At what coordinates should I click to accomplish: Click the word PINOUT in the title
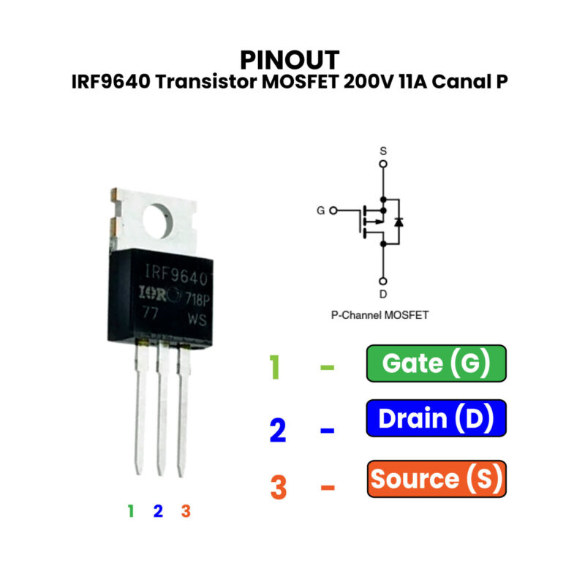(x=290, y=59)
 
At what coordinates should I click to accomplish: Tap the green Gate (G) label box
(x=436, y=363)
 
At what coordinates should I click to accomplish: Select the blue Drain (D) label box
(x=436, y=419)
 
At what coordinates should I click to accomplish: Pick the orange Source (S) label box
(x=436, y=479)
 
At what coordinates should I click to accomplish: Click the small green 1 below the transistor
(x=131, y=511)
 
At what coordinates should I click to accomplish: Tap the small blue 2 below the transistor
(x=158, y=511)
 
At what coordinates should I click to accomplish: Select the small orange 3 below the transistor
(x=186, y=511)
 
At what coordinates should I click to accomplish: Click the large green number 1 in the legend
(x=274, y=367)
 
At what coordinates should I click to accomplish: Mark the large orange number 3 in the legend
(x=279, y=488)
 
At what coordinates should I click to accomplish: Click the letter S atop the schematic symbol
(x=382, y=151)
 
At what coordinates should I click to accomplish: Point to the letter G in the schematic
(x=320, y=211)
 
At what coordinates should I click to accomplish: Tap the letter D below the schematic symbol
(x=382, y=294)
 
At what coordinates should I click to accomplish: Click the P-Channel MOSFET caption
(x=380, y=316)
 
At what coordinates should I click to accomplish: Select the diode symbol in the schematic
(x=399, y=221)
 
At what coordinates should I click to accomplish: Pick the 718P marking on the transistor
(x=197, y=298)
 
